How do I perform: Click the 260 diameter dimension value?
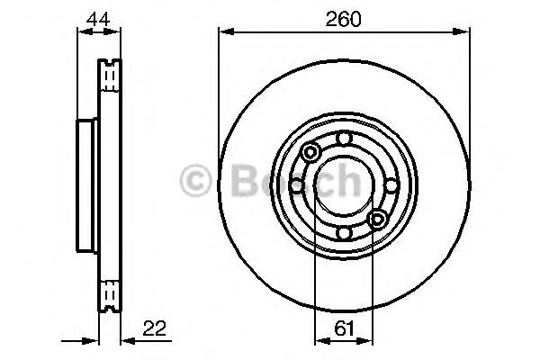click(x=343, y=19)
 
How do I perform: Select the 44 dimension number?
click(x=98, y=19)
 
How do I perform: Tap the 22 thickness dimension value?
click(x=154, y=328)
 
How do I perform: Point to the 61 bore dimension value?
click(x=344, y=328)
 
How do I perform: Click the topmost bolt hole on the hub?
click(x=344, y=139)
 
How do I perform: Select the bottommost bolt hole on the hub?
click(x=344, y=233)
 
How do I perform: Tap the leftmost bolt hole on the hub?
click(x=296, y=186)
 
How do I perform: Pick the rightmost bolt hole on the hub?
click(x=391, y=186)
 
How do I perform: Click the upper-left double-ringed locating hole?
click(x=310, y=152)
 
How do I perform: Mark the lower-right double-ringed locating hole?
click(x=377, y=219)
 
